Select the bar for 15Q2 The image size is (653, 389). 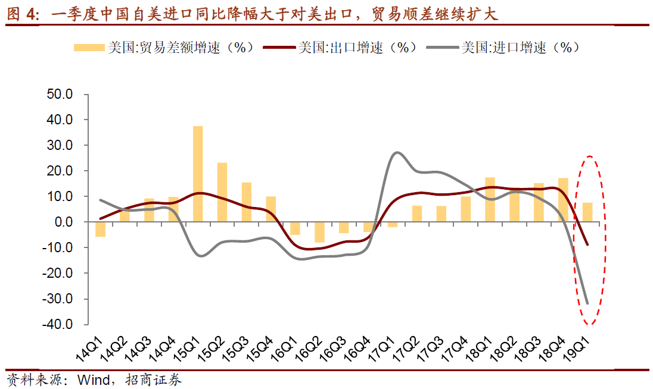coord(222,192)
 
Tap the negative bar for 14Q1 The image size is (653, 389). coord(100,229)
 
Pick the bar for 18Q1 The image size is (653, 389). coord(490,199)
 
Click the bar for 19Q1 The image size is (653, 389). coord(587,212)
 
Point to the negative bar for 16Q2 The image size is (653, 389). coord(319,232)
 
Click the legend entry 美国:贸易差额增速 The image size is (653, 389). coord(164,48)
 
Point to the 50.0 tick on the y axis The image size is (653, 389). coord(59,94)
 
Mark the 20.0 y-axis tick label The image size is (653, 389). coord(59,171)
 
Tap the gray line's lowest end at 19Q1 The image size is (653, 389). coord(587,303)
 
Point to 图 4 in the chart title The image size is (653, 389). coord(20,14)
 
